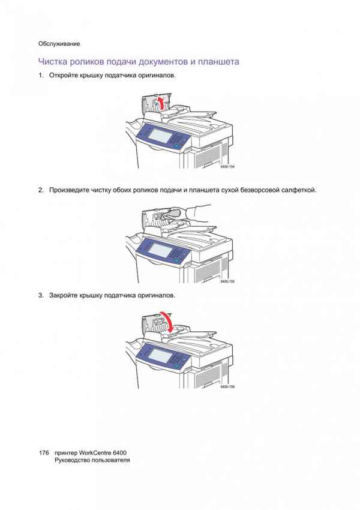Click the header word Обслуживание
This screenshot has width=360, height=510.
pos(59,44)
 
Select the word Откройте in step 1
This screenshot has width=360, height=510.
pos(64,76)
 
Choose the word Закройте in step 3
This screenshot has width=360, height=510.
pos(64,295)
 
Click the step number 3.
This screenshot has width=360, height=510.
pos(41,295)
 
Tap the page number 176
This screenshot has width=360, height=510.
pos(44,453)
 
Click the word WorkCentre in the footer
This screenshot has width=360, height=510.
pos(95,453)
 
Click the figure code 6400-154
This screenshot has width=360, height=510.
pos(227,167)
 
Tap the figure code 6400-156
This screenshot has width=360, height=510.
pos(227,387)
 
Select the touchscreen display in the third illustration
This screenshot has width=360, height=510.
pos(160,356)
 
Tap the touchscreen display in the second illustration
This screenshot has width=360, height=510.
pos(160,250)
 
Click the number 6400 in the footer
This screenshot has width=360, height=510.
pos(119,453)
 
